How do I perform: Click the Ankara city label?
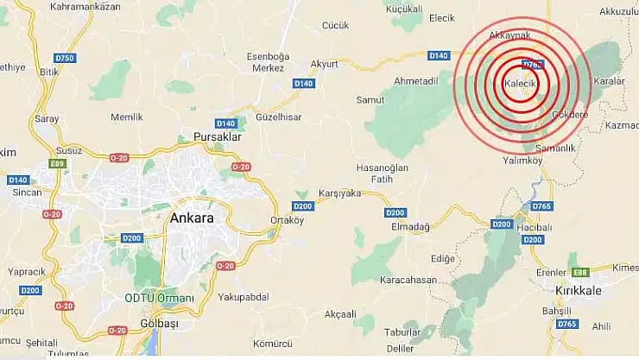click(x=192, y=218)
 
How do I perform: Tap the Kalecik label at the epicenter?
click(x=521, y=83)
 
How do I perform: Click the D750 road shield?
click(x=65, y=58)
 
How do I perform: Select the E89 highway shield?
click(x=58, y=163)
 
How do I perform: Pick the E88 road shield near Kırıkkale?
click(x=579, y=270)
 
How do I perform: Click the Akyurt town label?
click(x=325, y=64)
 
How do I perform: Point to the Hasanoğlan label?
click(x=381, y=167)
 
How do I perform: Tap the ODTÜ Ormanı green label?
click(x=161, y=298)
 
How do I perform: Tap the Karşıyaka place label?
click(x=340, y=193)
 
